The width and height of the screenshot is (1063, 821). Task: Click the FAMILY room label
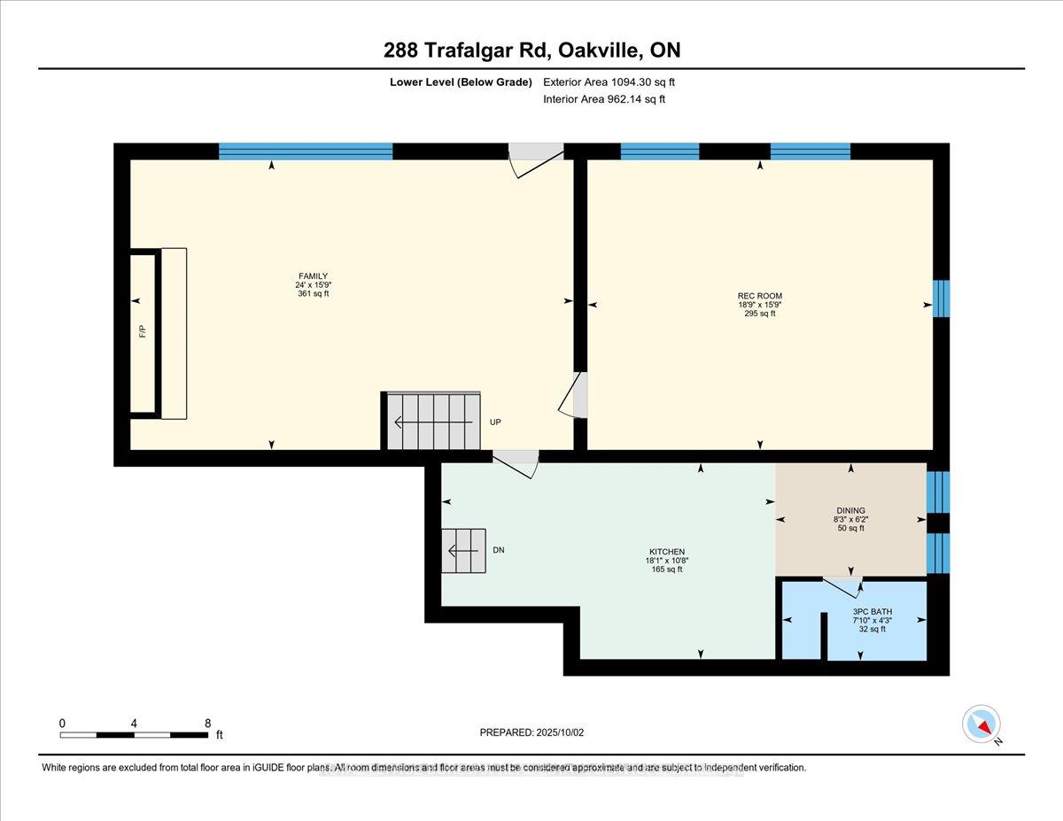[x=313, y=276]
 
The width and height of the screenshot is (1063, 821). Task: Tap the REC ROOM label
[x=759, y=296]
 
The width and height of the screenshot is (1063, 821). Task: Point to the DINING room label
[x=850, y=510]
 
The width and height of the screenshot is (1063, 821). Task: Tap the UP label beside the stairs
[x=495, y=422]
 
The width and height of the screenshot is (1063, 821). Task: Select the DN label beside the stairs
[x=499, y=550]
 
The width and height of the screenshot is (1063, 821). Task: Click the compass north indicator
[x=982, y=724]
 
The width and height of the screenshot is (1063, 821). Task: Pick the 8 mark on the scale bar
[x=207, y=723]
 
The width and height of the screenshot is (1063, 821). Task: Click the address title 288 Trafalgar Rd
[x=531, y=50]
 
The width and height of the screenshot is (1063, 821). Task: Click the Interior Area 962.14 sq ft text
[x=603, y=99]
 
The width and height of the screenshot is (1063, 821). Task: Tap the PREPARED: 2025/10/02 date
[x=532, y=732]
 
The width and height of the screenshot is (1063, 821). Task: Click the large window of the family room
[x=306, y=151]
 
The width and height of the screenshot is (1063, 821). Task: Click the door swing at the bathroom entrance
[x=842, y=586]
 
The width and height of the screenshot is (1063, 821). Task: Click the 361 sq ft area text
[x=313, y=294]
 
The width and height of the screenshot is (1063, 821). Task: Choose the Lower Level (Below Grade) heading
[x=461, y=82]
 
